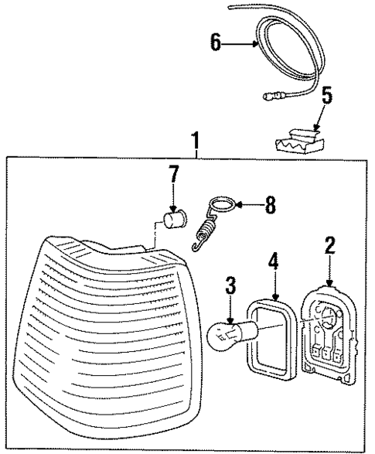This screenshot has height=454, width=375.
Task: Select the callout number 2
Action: click(x=329, y=247)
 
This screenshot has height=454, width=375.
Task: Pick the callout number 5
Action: click(x=327, y=96)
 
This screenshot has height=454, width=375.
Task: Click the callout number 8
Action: click(x=270, y=206)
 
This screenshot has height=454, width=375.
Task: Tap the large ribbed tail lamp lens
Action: click(x=108, y=340)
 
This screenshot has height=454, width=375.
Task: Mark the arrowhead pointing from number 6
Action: click(x=255, y=44)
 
